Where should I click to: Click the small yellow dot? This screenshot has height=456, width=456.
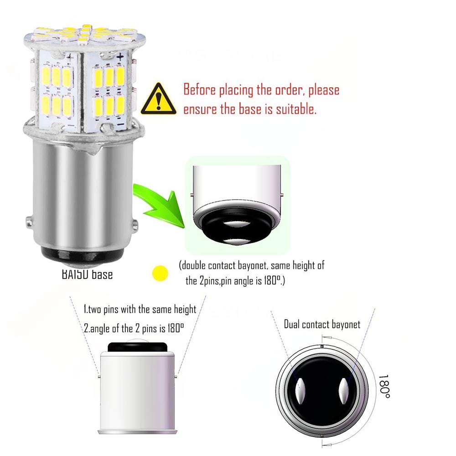pyautogui.click(x=161, y=273)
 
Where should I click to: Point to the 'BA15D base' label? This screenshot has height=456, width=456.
pyautogui.click(x=87, y=275)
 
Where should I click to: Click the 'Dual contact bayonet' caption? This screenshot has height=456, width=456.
pyautogui.click(x=322, y=325)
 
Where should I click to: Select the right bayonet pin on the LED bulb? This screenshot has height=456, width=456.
pyautogui.click(x=136, y=224)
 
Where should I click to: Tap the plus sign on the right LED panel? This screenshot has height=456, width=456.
pyautogui.click(x=120, y=57)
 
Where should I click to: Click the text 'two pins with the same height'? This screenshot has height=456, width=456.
pyautogui.click(x=144, y=310)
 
